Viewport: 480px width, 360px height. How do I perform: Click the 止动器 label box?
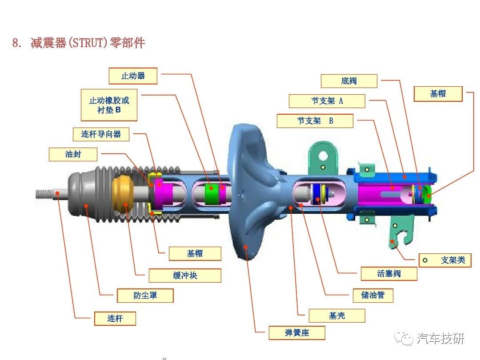click(x=133, y=76)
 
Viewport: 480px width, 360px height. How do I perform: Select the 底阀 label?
click(x=349, y=81)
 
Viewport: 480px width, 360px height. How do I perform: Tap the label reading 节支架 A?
click(x=327, y=101)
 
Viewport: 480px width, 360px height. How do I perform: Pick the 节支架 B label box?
click(x=315, y=121)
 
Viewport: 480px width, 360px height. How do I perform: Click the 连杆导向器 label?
click(x=101, y=134)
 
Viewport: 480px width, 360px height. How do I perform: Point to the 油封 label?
click(x=73, y=154)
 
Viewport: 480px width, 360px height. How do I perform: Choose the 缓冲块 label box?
click(x=185, y=276)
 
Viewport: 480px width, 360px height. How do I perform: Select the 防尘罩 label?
click(x=145, y=296)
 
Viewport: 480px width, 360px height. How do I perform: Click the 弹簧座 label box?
click(x=297, y=333)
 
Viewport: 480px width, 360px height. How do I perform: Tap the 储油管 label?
click(x=373, y=295)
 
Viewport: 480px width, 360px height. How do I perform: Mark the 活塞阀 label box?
click(x=389, y=274)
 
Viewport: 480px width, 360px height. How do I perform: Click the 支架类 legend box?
click(x=445, y=260)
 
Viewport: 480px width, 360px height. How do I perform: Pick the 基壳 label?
click(x=337, y=316)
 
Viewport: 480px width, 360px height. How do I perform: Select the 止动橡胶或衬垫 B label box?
click(x=109, y=105)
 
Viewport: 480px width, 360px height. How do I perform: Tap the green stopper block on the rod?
click(x=211, y=193)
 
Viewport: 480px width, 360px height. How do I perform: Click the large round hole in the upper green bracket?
click(x=323, y=156)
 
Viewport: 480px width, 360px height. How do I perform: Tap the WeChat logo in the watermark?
click(x=404, y=338)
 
